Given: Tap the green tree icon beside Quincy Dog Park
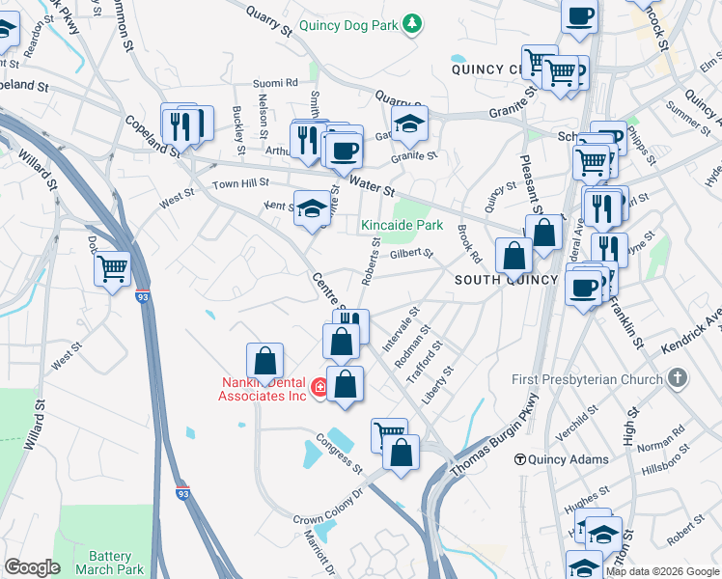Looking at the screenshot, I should pos(412,22).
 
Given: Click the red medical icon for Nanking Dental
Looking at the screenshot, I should pos(319,388).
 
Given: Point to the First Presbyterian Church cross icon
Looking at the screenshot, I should pos(679,378).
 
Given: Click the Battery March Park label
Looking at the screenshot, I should pos(109,563).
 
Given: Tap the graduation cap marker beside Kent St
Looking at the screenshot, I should pos(312,207).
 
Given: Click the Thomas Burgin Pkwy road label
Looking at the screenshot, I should pos(493,438).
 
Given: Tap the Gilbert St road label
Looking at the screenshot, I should pos(412,254).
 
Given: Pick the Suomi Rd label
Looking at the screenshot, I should pos(276,84).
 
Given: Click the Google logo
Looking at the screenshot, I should pos(32,567).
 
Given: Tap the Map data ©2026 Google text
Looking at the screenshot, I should pos(661,571).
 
